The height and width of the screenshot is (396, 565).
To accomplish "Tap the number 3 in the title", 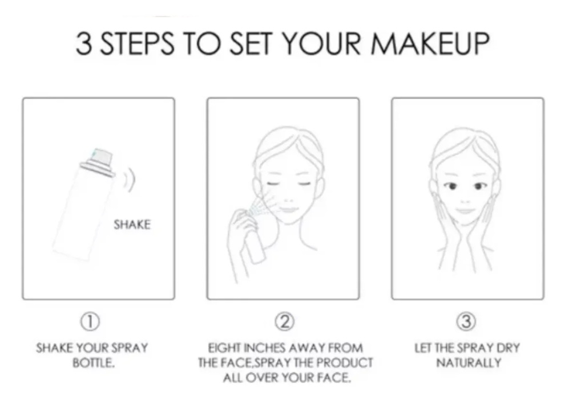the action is [84, 44].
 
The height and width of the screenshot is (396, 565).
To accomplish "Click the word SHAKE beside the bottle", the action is [132, 225].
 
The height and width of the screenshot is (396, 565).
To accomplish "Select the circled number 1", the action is [90, 321].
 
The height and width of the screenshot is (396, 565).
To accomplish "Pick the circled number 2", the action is [285, 321].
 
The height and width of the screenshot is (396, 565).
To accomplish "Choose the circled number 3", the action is [467, 321].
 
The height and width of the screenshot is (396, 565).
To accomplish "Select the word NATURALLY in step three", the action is [469, 363].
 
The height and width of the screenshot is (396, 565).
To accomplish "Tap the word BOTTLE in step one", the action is [94, 363].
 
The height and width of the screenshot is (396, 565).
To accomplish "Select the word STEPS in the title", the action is [137, 44].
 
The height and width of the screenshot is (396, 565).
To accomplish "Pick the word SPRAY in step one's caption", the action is [130, 348].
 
